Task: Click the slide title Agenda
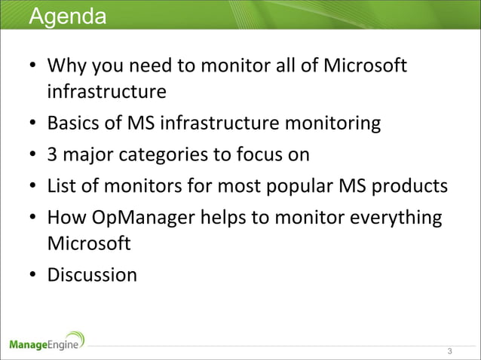(67, 16)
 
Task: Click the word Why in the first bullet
(66, 67)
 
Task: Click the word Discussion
(92, 275)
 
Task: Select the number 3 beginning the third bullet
(52, 154)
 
